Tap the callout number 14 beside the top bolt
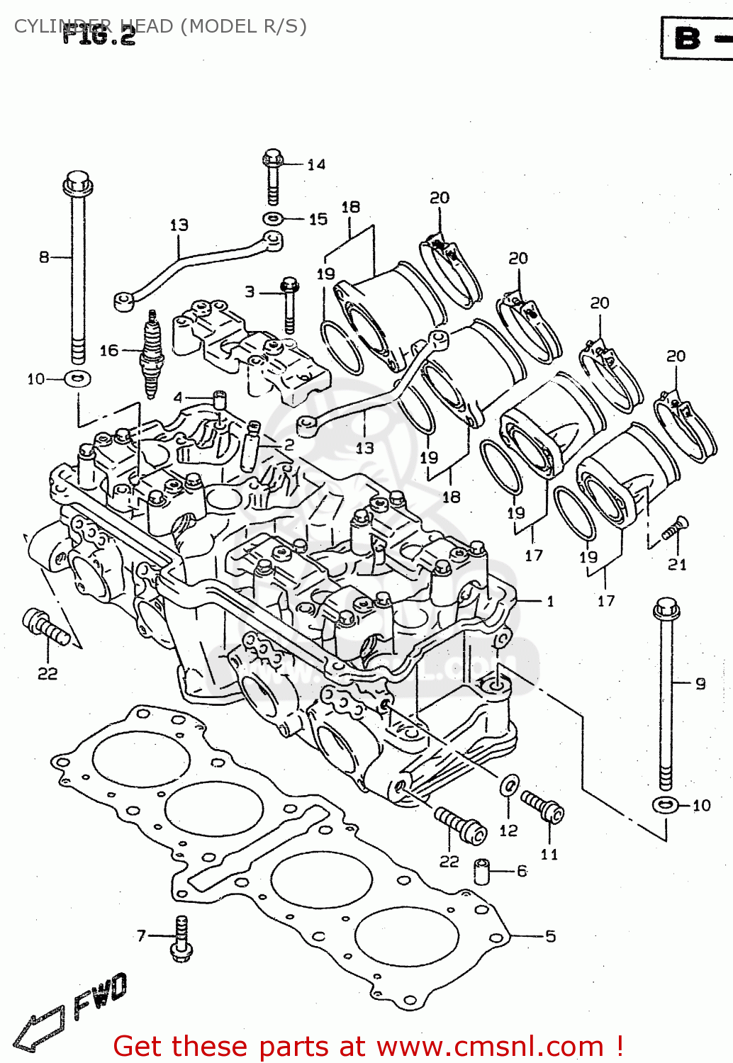point(316,164)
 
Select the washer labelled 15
point(273,218)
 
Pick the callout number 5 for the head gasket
point(550,936)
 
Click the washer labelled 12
point(509,785)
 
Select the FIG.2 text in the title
point(99,35)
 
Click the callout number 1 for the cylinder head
point(550,602)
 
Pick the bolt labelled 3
point(289,305)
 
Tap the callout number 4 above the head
point(178,398)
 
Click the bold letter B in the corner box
point(687,38)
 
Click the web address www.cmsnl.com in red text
point(489,1046)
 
